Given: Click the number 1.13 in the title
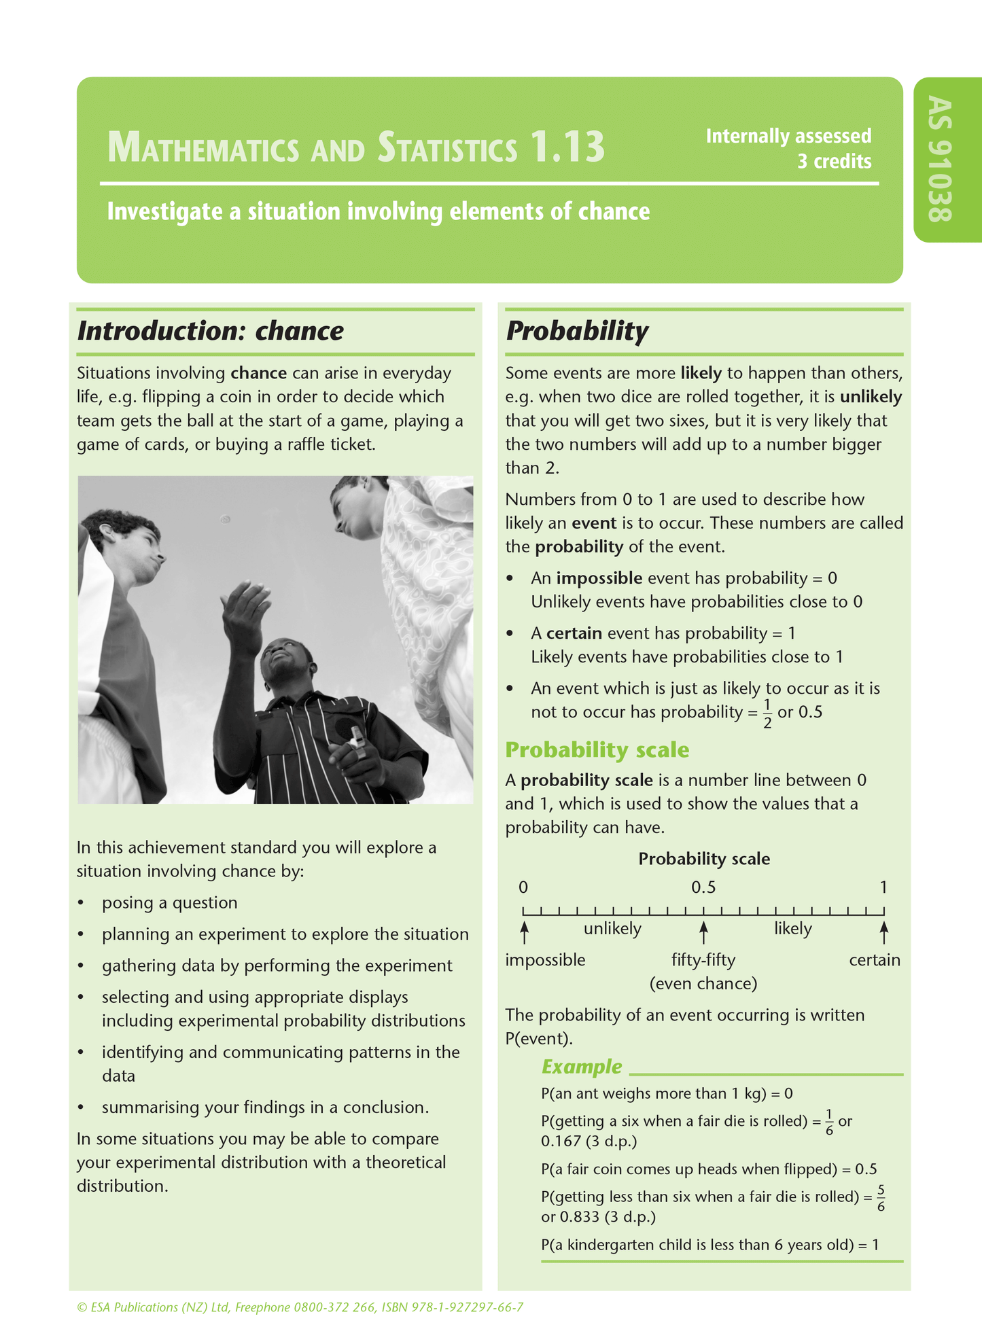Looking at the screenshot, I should [567, 147].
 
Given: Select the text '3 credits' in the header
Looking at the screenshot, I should [834, 162].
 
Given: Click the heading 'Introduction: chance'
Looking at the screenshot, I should [210, 331].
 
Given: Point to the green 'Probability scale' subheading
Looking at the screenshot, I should [597, 750].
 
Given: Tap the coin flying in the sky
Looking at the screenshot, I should [225, 520].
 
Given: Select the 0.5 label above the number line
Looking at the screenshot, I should [703, 887].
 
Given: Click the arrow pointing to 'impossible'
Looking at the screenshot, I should [524, 932].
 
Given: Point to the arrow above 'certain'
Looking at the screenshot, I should [883, 932].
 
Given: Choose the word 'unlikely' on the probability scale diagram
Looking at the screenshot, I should [612, 929].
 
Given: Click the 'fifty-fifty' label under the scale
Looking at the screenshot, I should [703, 960].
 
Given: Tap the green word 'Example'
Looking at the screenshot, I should [581, 1067].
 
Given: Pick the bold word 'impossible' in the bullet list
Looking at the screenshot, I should [599, 578].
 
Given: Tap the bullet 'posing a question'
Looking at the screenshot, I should [169, 903].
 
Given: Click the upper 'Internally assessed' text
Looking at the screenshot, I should [788, 136].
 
